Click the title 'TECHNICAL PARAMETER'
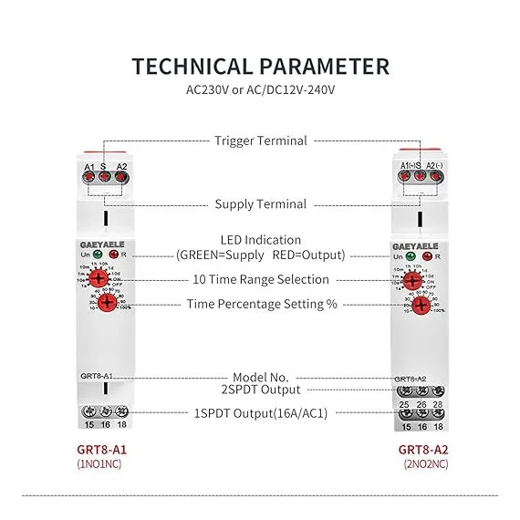click(x=260, y=67)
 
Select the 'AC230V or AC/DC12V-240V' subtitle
click(x=260, y=91)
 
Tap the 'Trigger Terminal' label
click(x=260, y=140)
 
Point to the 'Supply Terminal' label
click(x=260, y=204)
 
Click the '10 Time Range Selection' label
click(x=260, y=279)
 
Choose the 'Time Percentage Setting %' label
click(x=262, y=304)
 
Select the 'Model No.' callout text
click(x=260, y=377)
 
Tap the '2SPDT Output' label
click(x=260, y=390)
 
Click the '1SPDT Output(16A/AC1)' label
click(x=260, y=412)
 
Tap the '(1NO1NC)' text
click(x=100, y=464)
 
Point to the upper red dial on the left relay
click(x=108, y=277)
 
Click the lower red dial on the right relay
click(x=420, y=305)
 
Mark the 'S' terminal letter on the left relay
click(x=104, y=167)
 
